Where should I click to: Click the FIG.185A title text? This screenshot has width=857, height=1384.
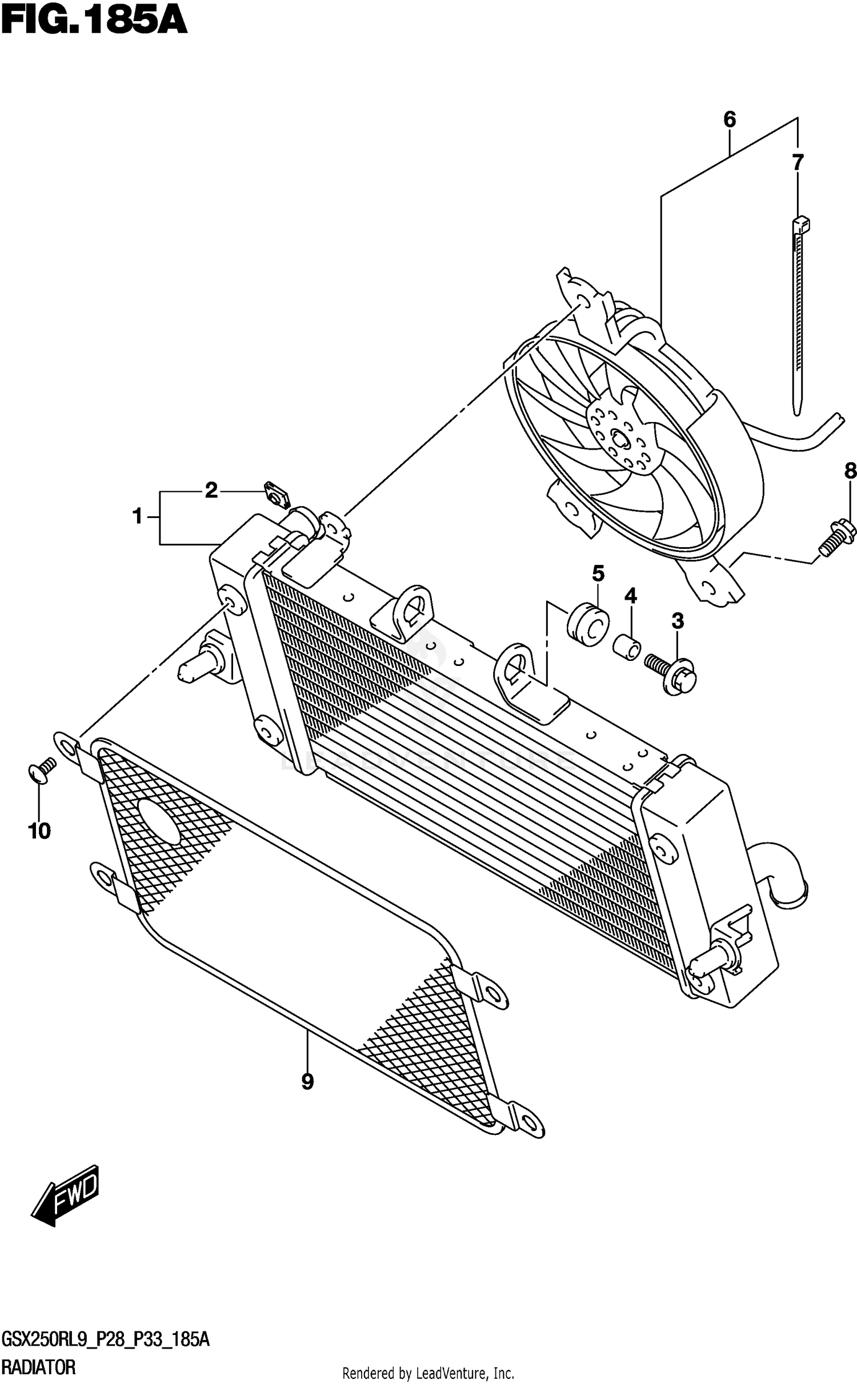tap(94, 22)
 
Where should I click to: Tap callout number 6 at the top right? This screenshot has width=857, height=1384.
tap(729, 120)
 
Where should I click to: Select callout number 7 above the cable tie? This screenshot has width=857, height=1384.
tap(798, 163)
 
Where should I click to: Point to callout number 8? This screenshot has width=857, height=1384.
tap(850, 471)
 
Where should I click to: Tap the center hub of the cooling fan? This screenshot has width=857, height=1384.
tap(619, 439)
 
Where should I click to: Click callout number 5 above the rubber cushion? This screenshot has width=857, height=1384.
tap(598, 572)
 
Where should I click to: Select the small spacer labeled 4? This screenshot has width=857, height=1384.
tap(626, 647)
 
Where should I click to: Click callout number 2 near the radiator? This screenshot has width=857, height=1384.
tap(211, 490)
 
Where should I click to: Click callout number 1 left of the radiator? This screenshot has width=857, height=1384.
tap(137, 516)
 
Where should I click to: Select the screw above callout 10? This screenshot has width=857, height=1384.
tap(41, 769)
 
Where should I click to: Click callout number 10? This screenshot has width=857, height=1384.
tap(39, 832)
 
